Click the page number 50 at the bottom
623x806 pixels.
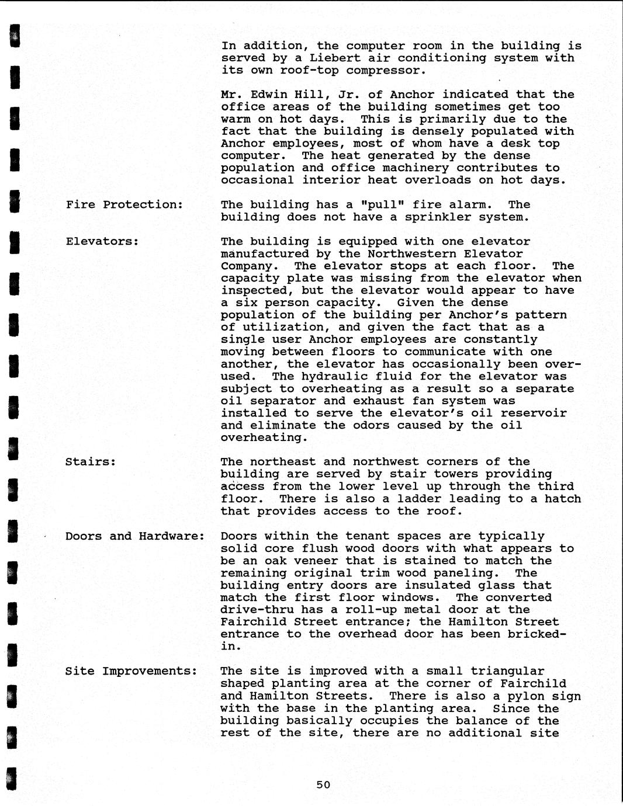(x=323, y=784)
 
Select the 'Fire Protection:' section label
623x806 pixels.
(x=124, y=204)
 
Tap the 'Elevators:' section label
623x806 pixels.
(x=102, y=241)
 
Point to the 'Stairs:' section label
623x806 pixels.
(x=91, y=462)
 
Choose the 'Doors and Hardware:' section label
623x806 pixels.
(x=134, y=536)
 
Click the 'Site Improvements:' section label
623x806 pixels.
(x=131, y=671)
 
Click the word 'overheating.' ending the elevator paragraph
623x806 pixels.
(x=261, y=437)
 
